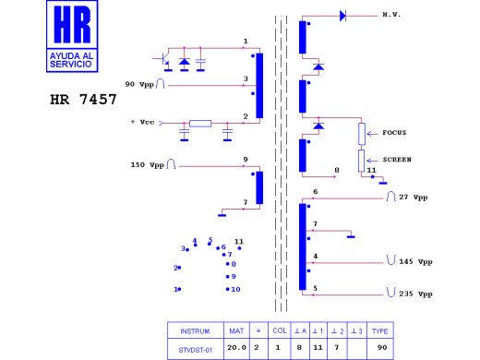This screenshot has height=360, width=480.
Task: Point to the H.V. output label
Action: [390, 16]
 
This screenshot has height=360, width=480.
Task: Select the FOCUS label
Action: [394, 133]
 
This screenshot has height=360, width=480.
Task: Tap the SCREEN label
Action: [396, 160]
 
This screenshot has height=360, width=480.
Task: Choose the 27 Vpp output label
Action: [414, 198]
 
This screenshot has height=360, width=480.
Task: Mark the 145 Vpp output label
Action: [414, 262]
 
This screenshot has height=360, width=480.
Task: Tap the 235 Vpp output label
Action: [414, 294]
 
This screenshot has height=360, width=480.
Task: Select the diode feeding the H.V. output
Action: [342, 16]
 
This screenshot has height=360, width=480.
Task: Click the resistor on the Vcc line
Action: [200, 123]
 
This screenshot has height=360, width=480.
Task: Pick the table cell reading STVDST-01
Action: [196, 350]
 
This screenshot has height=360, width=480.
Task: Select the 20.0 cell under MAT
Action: [236, 350]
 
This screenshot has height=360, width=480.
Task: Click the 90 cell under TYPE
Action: [380, 350]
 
